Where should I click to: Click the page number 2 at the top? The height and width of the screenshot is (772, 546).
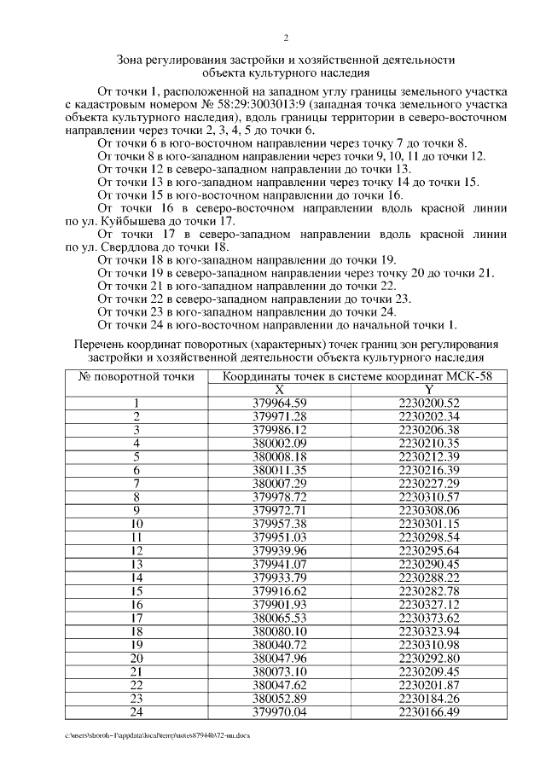(x=286, y=38)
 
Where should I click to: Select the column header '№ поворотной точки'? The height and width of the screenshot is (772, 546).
(x=136, y=376)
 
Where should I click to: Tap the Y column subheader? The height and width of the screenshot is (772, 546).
(x=429, y=389)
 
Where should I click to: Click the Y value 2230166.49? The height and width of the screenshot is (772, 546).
(x=429, y=711)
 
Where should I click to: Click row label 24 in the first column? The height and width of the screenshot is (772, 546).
(x=136, y=711)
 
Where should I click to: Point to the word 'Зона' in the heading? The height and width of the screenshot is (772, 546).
(x=132, y=60)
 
